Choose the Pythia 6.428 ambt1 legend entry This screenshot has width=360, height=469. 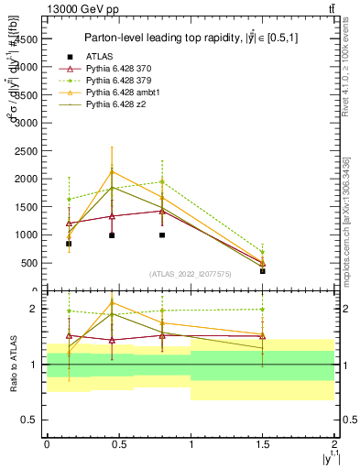(x=122, y=94)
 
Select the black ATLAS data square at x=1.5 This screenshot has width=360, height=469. (x=262, y=271)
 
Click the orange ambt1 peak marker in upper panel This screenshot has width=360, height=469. (x=112, y=171)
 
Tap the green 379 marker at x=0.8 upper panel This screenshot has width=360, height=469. (x=162, y=181)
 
